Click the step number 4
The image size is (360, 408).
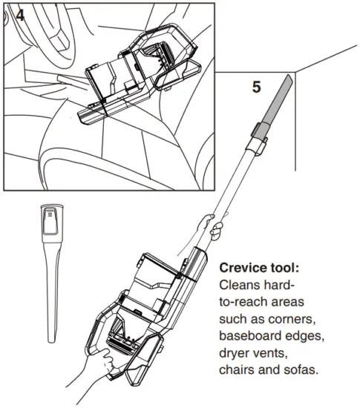click(x=19, y=14)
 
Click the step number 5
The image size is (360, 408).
click(x=256, y=87)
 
